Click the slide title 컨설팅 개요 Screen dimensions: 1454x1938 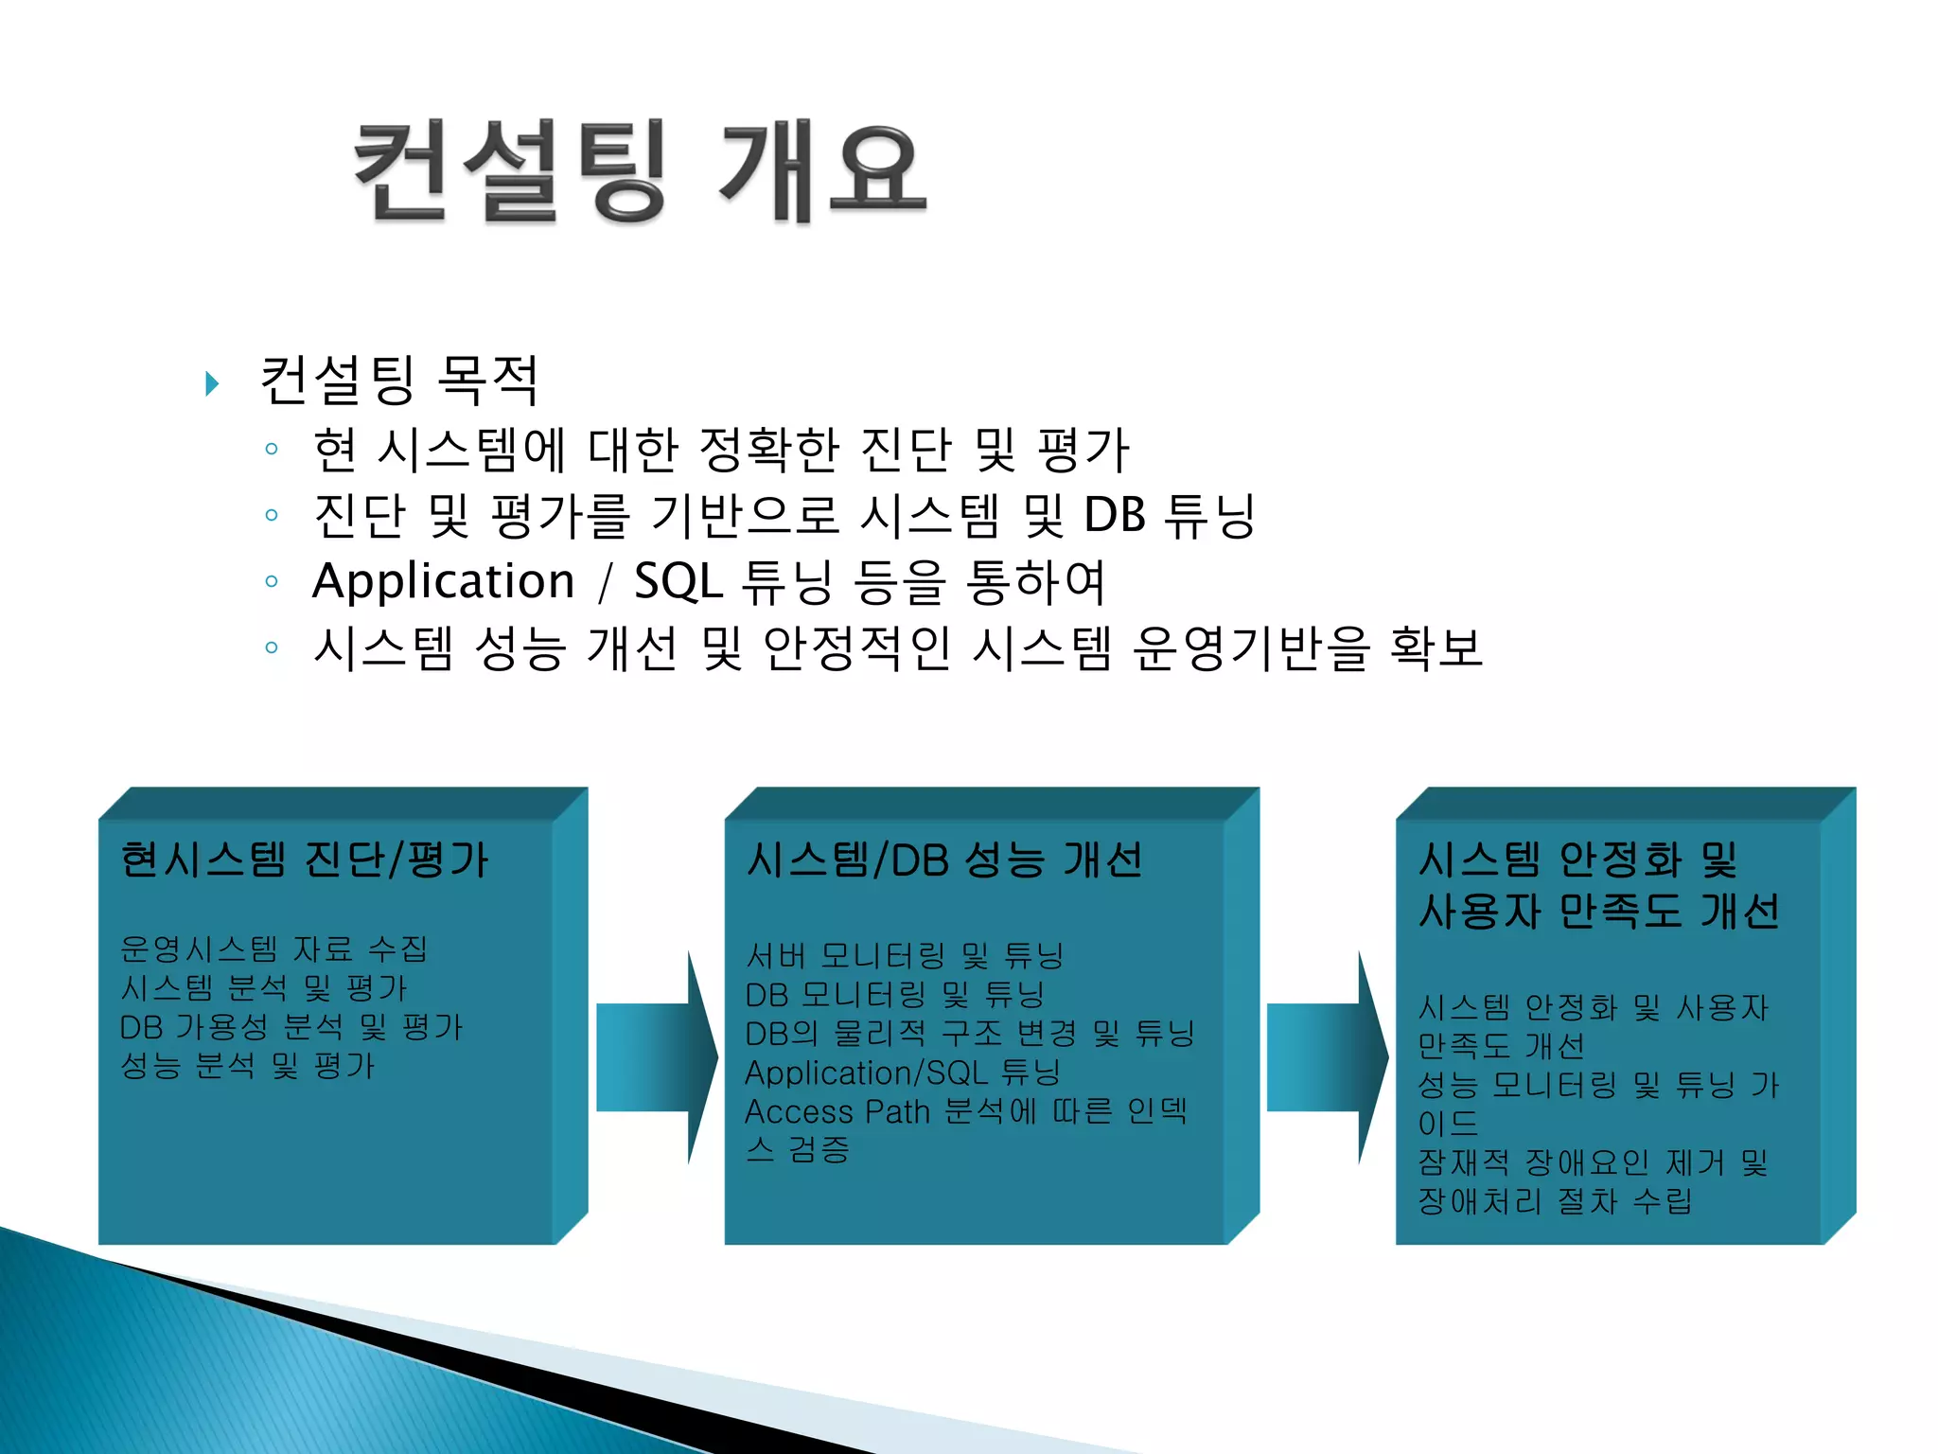(640, 172)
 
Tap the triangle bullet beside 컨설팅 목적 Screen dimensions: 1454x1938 (213, 383)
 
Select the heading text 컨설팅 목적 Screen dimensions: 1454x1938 (398, 381)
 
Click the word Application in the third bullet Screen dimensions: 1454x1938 (443, 581)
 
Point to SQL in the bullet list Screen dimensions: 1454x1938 (678, 581)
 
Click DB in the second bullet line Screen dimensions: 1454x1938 (1114, 516)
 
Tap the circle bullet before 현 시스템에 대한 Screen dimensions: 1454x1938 (272, 449)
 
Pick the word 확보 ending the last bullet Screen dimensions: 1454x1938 (1435, 648)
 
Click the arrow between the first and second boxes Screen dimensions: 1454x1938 (657, 1057)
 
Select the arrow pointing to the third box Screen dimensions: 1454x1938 (1327, 1057)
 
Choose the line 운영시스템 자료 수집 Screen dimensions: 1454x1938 (274, 949)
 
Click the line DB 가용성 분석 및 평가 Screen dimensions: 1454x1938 (291, 1027)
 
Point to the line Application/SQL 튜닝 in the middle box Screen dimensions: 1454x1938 (902, 1073)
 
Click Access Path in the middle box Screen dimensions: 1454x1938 (837, 1111)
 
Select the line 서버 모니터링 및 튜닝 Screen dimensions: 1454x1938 (904, 955)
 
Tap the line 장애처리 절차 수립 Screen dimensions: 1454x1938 (1554, 1201)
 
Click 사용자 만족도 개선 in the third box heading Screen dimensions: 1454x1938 (1598, 912)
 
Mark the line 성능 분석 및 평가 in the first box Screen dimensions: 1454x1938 (248, 1066)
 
